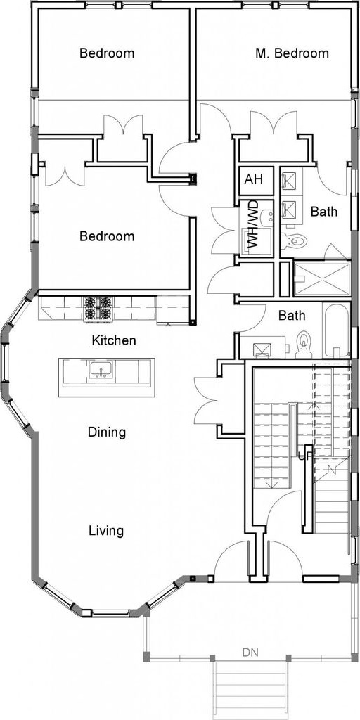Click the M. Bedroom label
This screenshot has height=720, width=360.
click(x=292, y=53)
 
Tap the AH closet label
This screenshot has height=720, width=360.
click(x=253, y=179)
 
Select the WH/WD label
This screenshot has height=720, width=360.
click(x=253, y=225)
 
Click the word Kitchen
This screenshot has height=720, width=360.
click(x=114, y=340)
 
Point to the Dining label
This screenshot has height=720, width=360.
click(x=107, y=432)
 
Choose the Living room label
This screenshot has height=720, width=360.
click(x=106, y=531)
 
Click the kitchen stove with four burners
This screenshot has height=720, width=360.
click(x=97, y=308)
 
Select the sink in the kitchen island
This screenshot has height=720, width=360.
click(x=101, y=370)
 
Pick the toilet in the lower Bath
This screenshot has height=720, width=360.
click(x=304, y=345)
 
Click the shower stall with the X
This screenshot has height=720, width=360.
click(x=321, y=278)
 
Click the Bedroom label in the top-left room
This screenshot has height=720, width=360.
click(x=107, y=53)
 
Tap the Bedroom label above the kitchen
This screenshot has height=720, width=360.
click(x=107, y=236)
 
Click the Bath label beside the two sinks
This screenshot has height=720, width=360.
click(x=324, y=211)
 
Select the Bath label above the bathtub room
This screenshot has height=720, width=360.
click(x=292, y=316)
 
